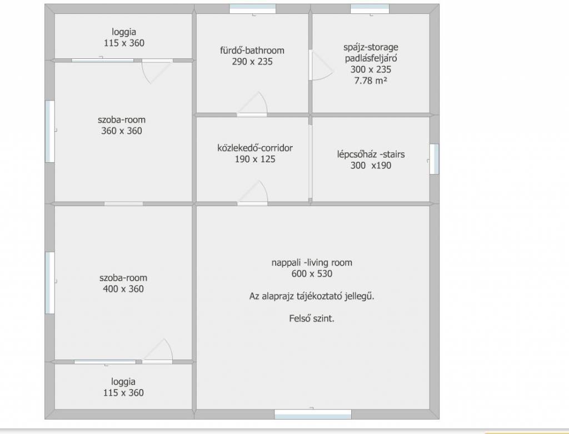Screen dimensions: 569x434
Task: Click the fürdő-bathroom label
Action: pyautogui.click(x=252, y=51)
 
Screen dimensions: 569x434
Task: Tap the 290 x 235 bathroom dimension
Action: pyautogui.click(x=252, y=62)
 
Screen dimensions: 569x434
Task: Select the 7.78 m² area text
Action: pyautogui.click(x=371, y=81)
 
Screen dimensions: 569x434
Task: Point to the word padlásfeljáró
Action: pyautogui.click(x=371, y=58)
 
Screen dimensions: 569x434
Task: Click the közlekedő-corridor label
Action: pyautogui.click(x=255, y=148)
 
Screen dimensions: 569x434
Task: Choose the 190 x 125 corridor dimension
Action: pyautogui.click(x=255, y=159)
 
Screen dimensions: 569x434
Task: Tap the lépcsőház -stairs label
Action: pyautogui.click(x=371, y=154)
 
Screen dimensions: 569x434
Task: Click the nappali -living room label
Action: pyautogui.click(x=312, y=263)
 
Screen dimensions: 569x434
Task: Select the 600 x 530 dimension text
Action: pyautogui.click(x=312, y=274)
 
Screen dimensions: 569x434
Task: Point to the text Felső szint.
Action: pyautogui.click(x=312, y=318)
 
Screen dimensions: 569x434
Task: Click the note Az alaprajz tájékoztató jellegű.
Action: pyautogui.click(x=312, y=297)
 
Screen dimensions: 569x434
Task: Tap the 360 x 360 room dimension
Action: pyautogui.click(x=122, y=131)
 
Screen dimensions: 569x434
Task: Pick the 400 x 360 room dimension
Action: pyautogui.click(x=123, y=289)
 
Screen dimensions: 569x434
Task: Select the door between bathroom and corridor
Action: pyautogui.click(x=253, y=104)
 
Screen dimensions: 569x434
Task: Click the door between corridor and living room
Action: pyautogui.click(x=253, y=193)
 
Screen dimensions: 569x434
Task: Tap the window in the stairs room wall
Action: pyautogui.click(x=435, y=159)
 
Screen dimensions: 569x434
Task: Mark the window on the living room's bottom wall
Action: pyautogui.click(x=313, y=414)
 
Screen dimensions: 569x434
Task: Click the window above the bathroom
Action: pyautogui.click(x=253, y=9)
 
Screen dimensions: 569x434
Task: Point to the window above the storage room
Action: pyautogui.click(x=370, y=9)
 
